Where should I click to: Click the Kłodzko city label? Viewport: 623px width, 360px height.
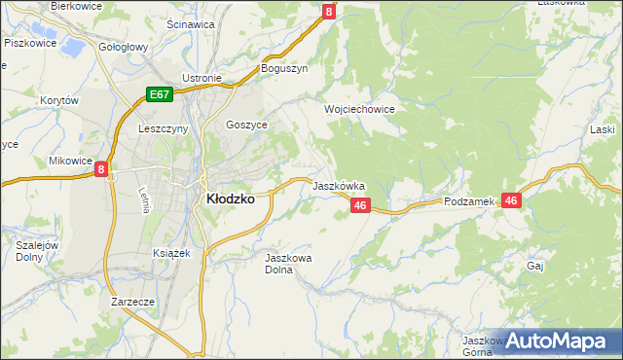tap(230, 198)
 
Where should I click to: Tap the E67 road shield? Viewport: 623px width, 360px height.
tap(161, 94)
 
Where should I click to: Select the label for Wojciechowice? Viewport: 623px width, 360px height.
tap(359, 110)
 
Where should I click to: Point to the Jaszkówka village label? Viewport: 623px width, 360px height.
tap(338, 185)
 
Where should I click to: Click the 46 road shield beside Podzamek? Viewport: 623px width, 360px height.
tap(513, 199)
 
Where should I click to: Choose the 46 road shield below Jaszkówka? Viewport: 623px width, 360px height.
tap(360, 205)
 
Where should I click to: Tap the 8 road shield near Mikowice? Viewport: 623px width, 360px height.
tap(101, 169)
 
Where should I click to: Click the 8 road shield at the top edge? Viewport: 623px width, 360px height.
tap(329, 12)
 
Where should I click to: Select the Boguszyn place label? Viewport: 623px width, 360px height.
tap(283, 69)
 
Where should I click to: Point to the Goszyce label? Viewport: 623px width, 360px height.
tap(245, 125)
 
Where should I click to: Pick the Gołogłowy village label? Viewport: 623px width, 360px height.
tap(123, 47)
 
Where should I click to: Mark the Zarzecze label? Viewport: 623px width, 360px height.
tap(133, 302)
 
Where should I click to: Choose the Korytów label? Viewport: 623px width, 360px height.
tap(58, 100)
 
